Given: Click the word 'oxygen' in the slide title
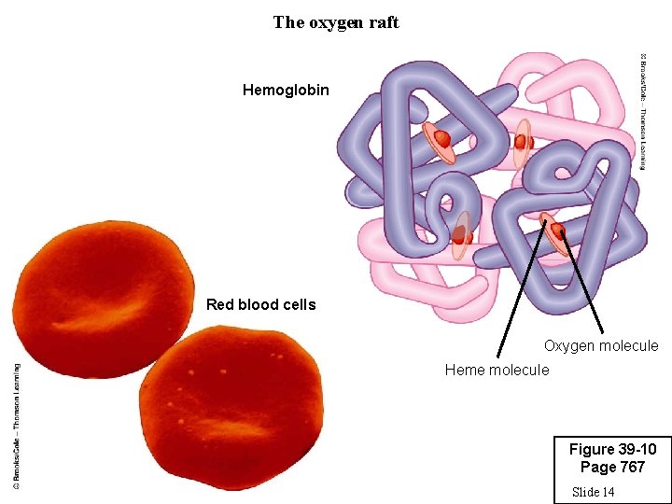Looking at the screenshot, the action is pyautogui.click(x=335, y=22).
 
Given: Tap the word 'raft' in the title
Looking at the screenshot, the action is pyautogui.click(x=384, y=22).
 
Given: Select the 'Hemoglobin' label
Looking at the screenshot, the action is pyautogui.click(x=286, y=90).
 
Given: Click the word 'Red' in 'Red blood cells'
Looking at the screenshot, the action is pyautogui.click(x=220, y=304).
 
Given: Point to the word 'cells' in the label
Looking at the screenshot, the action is pyautogui.click(x=298, y=304).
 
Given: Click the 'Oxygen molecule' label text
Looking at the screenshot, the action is pyautogui.click(x=601, y=346).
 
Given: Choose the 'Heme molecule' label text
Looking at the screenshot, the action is pyautogui.click(x=497, y=371).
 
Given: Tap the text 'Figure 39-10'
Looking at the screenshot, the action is pyautogui.click(x=612, y=450).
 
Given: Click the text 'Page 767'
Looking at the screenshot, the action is pyautogui.click(x=612, y=468).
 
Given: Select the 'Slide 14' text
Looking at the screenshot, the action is pyautogui.click(x=593, y=492).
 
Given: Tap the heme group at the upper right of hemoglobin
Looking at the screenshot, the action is pyautogui.click(x=523, y=142).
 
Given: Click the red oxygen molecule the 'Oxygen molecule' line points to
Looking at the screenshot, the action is pyautogui.click(x=558, y=231).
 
